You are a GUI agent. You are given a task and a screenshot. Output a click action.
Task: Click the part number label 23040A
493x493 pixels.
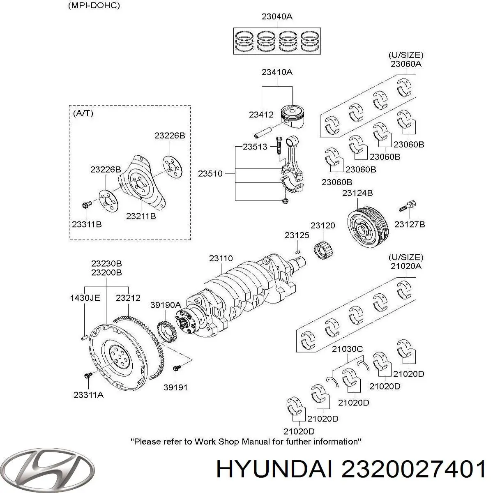click(x=277, y=17)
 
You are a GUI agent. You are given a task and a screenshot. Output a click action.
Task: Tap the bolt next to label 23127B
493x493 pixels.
click(x=407, y=206)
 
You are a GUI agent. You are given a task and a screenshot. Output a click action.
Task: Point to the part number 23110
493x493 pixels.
click(x=221, y=258)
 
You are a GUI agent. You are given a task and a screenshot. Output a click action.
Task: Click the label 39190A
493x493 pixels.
click(x=165, y=304)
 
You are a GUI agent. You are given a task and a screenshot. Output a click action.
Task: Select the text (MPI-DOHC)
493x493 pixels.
click(x=94, y=6)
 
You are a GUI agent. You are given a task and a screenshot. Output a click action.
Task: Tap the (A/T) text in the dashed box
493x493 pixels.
click(x=83, y=113)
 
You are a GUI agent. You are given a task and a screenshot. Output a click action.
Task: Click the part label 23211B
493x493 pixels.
click(x=141, y=216)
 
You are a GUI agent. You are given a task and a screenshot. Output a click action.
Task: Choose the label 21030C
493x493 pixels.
click(x=347, y=349)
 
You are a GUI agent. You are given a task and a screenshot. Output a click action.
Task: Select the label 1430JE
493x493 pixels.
click(x=85, y=298)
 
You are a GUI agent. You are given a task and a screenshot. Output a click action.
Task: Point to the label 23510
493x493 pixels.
click(x=210, y=174)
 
